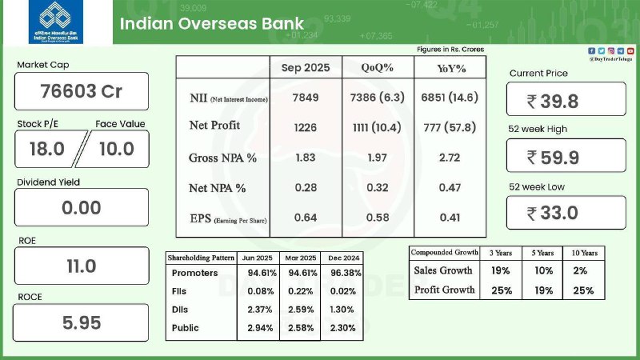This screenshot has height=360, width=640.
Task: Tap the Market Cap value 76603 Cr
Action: click(81, 91)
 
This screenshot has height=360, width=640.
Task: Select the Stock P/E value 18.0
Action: click(46, 149)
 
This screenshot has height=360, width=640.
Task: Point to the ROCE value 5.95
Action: click(81, 323)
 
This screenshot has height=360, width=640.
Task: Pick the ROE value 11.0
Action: click(81, 266)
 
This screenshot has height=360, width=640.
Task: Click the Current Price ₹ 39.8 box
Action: click(566, 100)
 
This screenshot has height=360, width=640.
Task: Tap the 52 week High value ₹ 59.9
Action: click(566, 157)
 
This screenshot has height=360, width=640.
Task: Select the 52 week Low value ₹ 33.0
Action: click(566, 213)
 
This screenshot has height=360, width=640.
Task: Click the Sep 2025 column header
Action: click(305, 68)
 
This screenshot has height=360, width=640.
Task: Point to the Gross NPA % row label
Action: click(222, 158)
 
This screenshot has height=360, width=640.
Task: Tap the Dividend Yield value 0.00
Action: click(81, 208)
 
